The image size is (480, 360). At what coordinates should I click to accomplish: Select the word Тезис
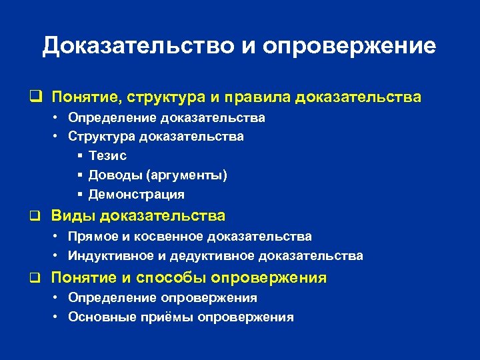coord(107,155)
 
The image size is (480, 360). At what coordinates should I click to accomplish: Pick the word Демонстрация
coord(136,195)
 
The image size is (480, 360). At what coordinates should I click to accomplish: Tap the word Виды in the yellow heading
coord(70,216)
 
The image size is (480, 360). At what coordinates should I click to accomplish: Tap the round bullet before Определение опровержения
coord(57,298)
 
